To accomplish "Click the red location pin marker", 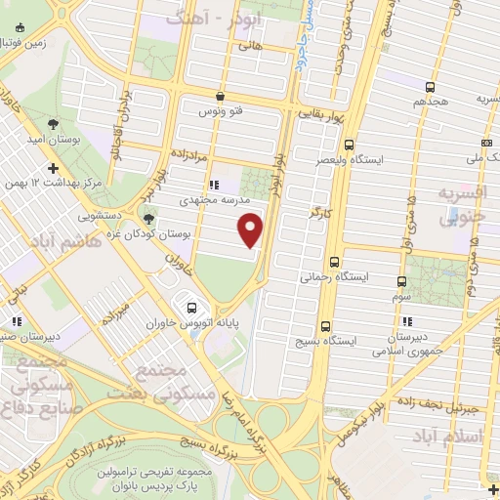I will pyautogui.click(x=251, y=229).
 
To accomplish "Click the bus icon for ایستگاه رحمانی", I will pyautogui.click(x=335, y=262).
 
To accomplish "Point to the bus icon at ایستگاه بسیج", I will pyautogui.click(x=323, y=327).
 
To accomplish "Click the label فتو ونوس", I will pyautogui.click(x=221, y=112).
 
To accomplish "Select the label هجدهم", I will pyautogui.click(x=429, y=101).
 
